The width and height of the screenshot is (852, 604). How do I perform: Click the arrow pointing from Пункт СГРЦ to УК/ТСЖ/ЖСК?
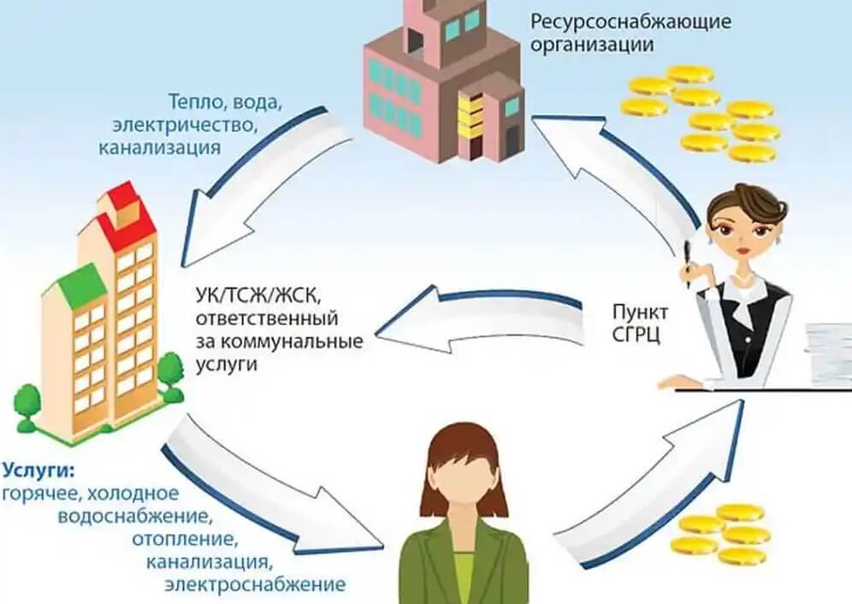[479, 320]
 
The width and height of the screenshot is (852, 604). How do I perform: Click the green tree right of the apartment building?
[172, 376]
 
